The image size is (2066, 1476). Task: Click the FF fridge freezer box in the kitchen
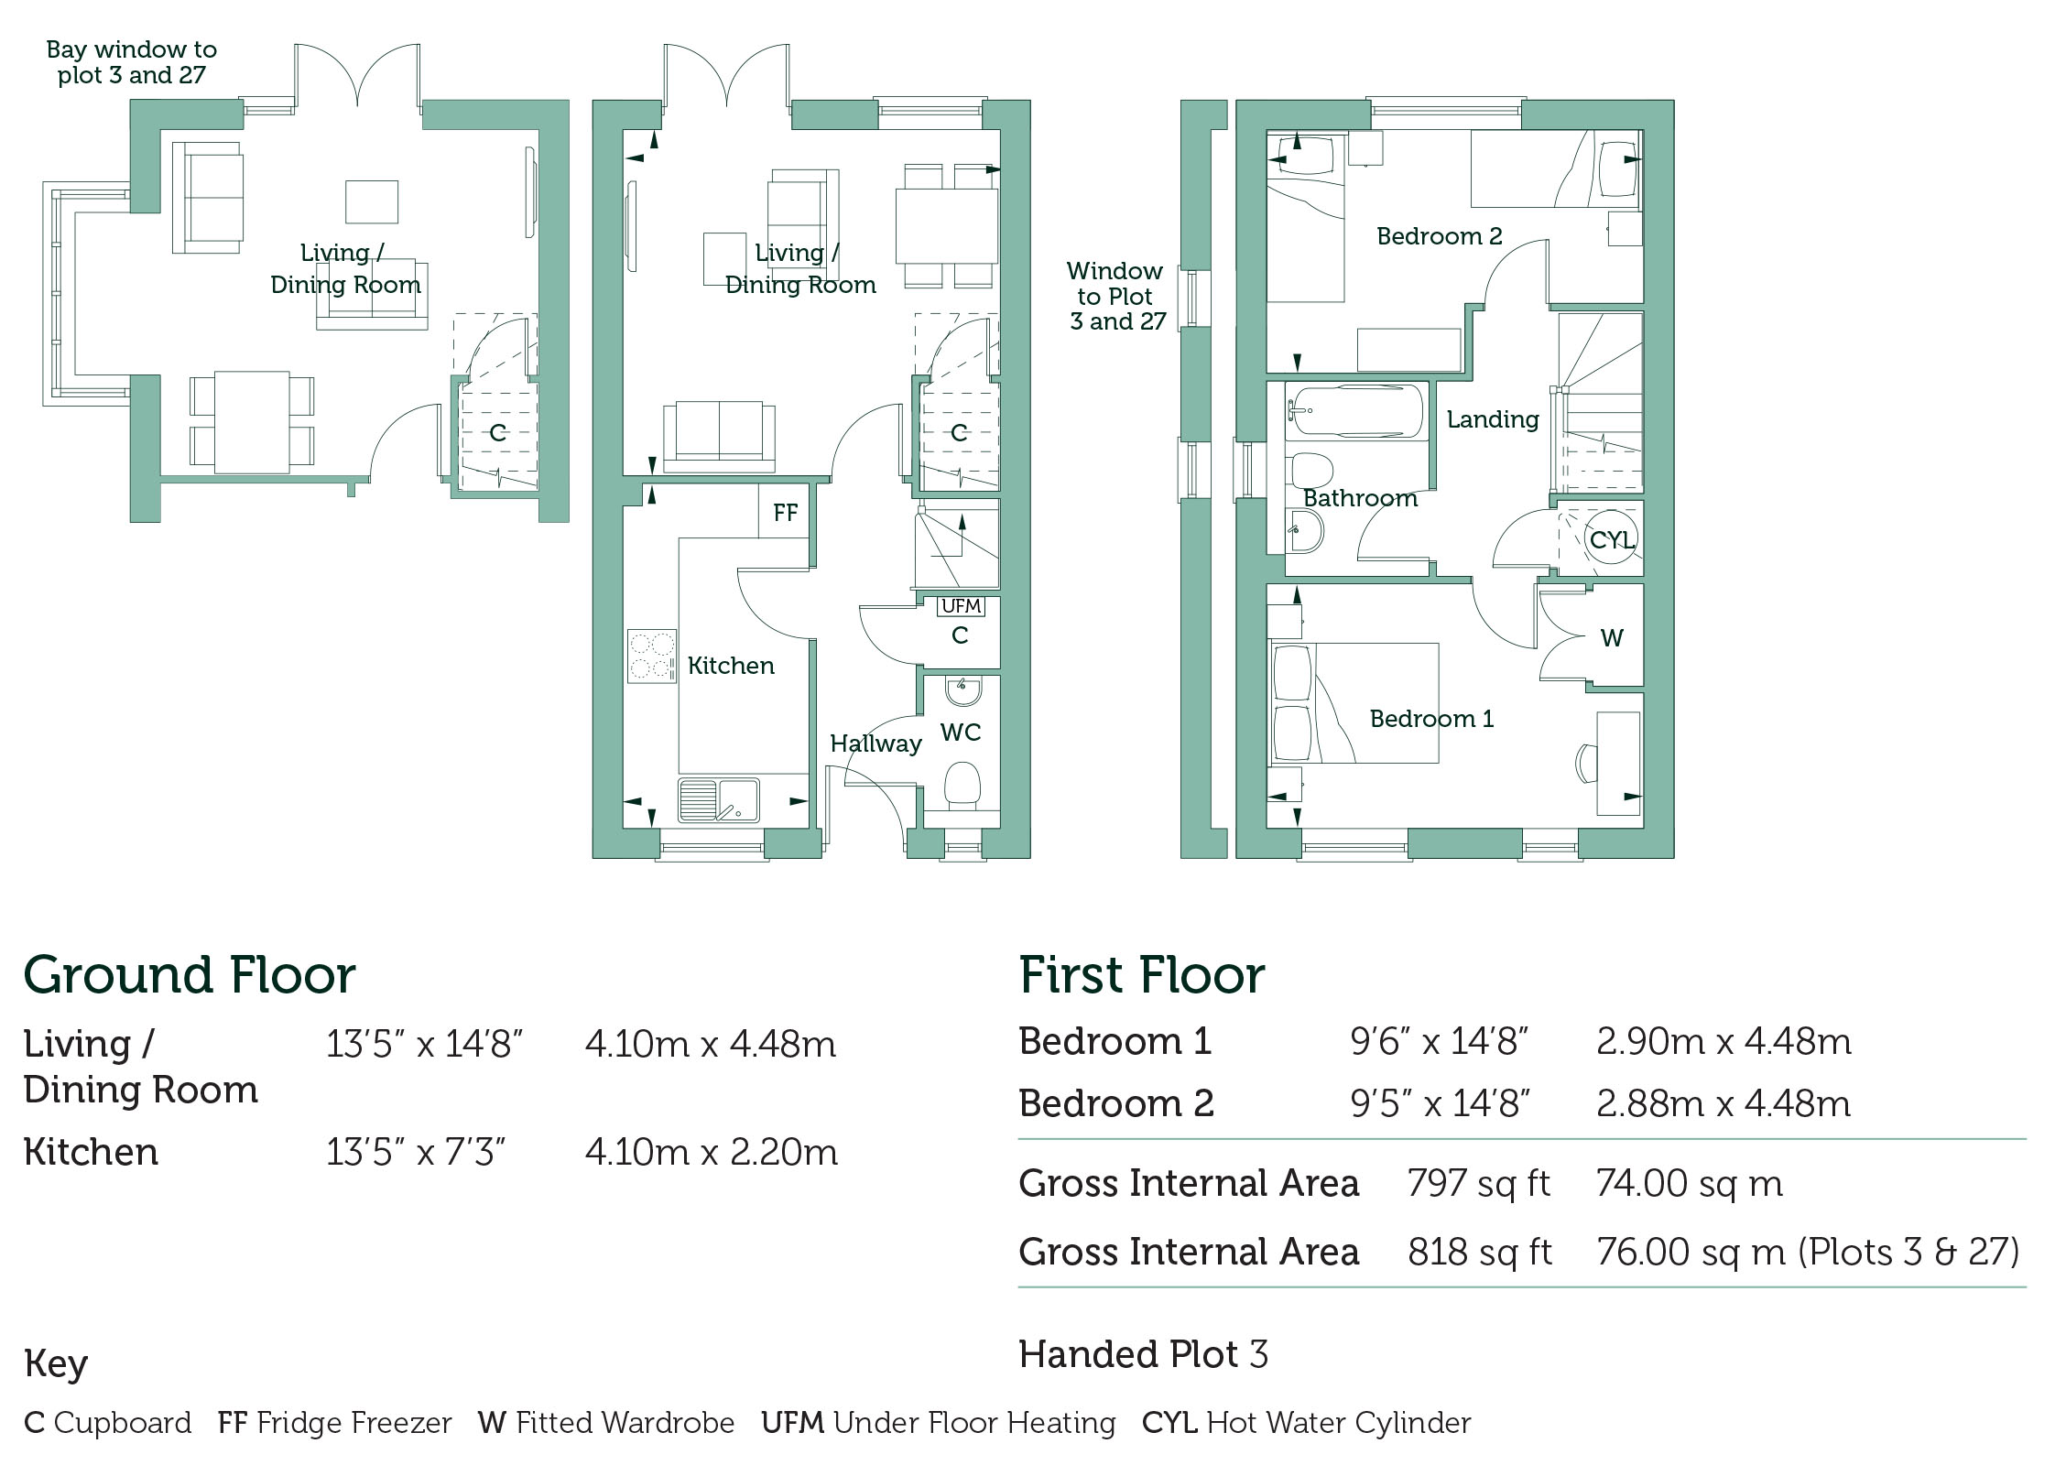coord(784,512)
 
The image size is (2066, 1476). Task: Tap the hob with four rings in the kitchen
coord(652,656)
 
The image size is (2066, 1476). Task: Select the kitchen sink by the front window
coord(719,799)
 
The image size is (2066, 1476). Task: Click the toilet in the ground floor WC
coord(961,786)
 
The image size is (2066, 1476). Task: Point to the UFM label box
coord(961,606)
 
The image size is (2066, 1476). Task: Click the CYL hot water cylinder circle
coord(1611,539)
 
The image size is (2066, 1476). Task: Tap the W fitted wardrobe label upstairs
coord(1612,637)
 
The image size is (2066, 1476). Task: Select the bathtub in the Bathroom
coord(1356,411)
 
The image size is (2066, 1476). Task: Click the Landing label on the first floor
coord(1493,419)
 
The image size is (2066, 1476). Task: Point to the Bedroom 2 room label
coord(1440,236)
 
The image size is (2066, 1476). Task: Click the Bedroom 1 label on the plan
coord(1431,719)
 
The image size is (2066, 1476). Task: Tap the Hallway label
coord(875,743)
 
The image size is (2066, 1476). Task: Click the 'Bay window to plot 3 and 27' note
coord(132,62)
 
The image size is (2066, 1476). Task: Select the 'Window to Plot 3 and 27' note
coord(1116,296)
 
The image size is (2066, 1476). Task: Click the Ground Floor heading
coord(190,974)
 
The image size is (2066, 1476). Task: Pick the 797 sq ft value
coord(1479,1183)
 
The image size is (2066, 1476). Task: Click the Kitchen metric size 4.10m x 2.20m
coord(712,1152)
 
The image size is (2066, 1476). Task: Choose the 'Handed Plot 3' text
coord(1144,1354)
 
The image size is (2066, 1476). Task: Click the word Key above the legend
coord(56,1363)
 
